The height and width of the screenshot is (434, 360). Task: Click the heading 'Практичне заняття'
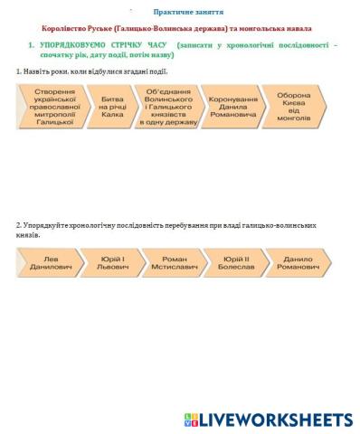[180, 12]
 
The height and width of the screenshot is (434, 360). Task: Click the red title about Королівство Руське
[180, 29]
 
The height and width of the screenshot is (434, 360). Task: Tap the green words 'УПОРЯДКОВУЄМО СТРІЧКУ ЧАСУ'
[104, 44]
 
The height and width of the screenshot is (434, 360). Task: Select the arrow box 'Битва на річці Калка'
[112, 106]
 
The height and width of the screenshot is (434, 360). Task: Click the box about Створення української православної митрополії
[53, 106]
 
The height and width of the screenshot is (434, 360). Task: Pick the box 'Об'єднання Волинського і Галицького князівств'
[168, 106]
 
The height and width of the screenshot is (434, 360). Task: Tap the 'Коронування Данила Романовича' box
[232, 106]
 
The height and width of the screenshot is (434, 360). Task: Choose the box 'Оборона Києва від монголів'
[294, 106]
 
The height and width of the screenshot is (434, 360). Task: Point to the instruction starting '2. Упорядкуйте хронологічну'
[163, 225]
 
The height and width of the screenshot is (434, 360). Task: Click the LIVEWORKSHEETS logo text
[276, 420]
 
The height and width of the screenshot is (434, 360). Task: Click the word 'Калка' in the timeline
[112, 115]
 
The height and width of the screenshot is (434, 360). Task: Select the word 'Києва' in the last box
[294, 102]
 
